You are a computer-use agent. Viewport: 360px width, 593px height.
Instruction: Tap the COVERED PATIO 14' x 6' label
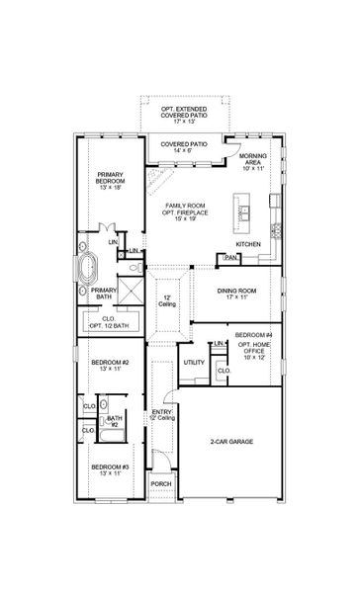[x=185, y=147]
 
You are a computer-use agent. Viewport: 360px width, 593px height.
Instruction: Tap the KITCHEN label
[x=248, y=243]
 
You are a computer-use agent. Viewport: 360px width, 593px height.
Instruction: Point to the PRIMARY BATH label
[x=105, y=294]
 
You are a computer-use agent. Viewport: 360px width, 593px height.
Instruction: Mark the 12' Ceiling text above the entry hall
[x=167, y=300]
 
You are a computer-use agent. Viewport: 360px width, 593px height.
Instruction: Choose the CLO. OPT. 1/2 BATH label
[x=109, y=322]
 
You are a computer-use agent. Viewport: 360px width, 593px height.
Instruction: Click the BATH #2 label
[x=114, y=421]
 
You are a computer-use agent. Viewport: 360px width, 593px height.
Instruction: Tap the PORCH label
[x=160, y=483]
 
